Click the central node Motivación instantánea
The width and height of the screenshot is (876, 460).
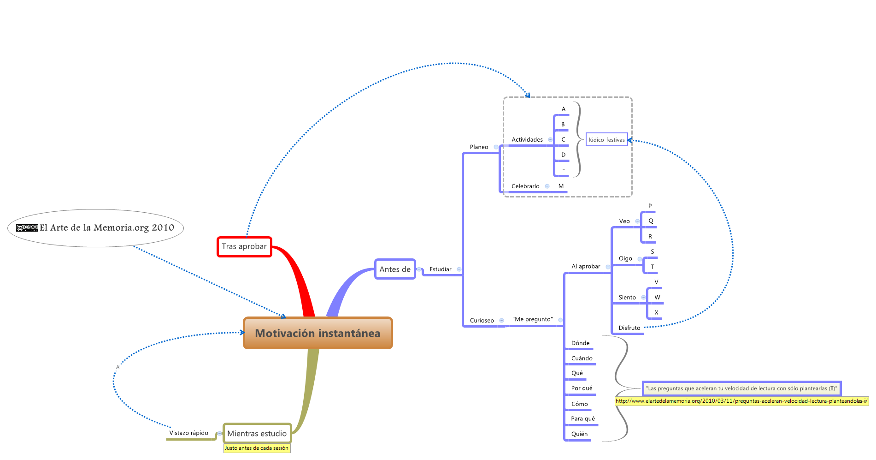pos(317,333)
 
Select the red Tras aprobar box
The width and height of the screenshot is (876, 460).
pos(244,246)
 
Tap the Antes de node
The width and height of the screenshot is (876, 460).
pos(395,269)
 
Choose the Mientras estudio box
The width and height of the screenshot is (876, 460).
pos(257,433)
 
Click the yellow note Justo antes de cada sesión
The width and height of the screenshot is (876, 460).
pos(257,448)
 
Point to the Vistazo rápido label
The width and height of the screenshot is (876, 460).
pos(188,433)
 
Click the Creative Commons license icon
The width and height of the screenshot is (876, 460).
pos(27,228)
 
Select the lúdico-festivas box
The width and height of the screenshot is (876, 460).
pos(606,140)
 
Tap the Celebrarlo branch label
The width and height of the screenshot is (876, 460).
pos(525,186)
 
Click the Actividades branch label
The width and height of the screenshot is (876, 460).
pos(527,140)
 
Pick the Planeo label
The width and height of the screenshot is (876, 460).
pos(479,147)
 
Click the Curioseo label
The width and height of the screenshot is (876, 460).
pos(482,321)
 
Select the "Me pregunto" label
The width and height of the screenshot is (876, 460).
pos(532,319)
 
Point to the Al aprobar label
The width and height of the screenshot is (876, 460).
pos(586,267)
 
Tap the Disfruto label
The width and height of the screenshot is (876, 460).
pos(629,328)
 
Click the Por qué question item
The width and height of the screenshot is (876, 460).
pos(582,388)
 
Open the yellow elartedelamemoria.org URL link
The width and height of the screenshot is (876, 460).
pos(741,401)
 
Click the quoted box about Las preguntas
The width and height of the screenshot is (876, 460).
pos(741,388)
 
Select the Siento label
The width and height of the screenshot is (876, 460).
pos(627,298)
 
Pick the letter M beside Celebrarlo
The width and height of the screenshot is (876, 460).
pos(561,186)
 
